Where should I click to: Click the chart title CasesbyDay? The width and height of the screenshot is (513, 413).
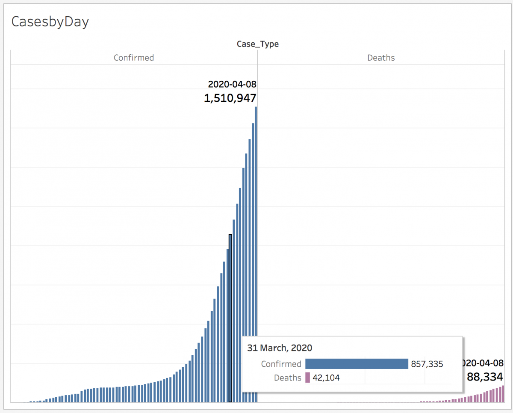click(x=50, y=21)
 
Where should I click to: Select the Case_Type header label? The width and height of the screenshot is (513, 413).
click(x=257, y=44)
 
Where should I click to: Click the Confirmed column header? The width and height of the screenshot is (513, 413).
click(x=133, y=58)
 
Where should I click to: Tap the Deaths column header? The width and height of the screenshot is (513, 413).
click(x=381, y=58)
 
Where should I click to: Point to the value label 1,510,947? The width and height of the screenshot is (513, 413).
click(x=230, y=98)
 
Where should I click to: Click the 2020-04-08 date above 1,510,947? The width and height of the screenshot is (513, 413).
click(x=232, y=84)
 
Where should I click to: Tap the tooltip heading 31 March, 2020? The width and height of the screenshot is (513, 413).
click(x=280, y=348)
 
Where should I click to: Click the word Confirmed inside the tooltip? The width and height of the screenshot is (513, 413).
click(x=281, y=364)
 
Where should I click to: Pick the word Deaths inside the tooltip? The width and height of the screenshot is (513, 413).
click(x=287, y=378)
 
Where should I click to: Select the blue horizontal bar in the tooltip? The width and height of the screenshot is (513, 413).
click(x=357, y=364)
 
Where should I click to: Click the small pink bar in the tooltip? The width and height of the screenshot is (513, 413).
click(x=307, y=378)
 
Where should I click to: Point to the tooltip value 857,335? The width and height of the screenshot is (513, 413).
click(x=427, y=364)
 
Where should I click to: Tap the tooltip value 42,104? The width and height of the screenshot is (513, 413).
click(x=326, y=378)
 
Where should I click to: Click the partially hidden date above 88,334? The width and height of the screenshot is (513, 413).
click(x=484, y=363)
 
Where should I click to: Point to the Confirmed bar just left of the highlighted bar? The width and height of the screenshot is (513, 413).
click(x=227, y=299)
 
